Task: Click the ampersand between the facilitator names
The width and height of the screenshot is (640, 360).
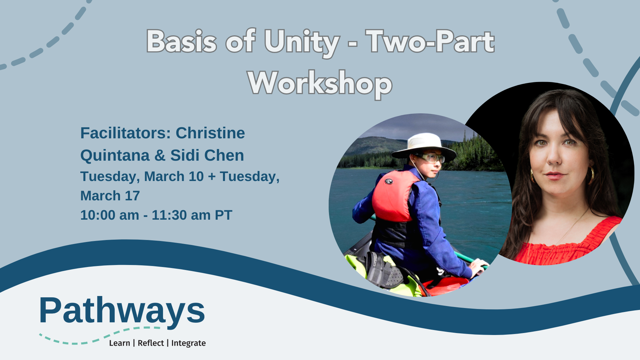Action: point(160,155)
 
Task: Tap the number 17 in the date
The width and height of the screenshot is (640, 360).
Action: point(132,196)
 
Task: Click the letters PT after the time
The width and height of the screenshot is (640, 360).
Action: point(223,215)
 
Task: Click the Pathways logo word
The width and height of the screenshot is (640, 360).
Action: point(122,311)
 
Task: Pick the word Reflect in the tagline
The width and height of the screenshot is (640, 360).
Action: point(151,343)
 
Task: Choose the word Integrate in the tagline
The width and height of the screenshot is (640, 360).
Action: point(188,343)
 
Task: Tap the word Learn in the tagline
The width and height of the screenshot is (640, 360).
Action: point(119,343)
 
